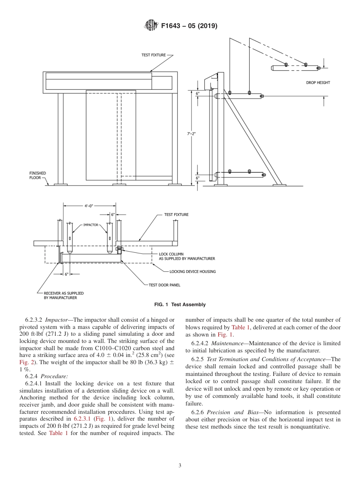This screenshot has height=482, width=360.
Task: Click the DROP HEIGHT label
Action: point(318,83)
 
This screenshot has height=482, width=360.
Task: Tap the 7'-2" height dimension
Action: point(192,133)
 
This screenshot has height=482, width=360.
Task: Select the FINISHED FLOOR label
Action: point(38,175)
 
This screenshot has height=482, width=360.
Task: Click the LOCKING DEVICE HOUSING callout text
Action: point(193,271)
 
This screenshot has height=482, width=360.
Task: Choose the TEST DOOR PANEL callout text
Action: point(164,285)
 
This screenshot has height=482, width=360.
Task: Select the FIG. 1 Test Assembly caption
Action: point(180,305)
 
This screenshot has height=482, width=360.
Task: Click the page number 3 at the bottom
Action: point(180,466)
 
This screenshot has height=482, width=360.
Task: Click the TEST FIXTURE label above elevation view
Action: point(153,55)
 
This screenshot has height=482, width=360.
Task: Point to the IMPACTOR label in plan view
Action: point(91,225)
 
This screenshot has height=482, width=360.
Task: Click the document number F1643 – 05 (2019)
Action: point(189,26)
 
